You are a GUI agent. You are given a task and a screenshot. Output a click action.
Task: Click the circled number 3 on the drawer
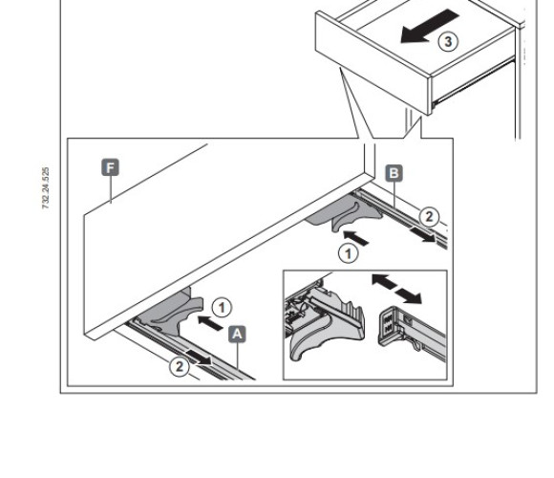point(448,42)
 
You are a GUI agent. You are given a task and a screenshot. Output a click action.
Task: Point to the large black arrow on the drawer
point(430,26)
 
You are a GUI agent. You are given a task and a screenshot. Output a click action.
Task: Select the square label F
point(110,167)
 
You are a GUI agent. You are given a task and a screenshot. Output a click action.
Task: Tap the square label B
point(394,173)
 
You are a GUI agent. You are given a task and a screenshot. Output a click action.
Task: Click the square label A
point(237,334)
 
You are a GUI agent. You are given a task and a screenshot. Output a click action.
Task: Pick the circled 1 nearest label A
point(222,307)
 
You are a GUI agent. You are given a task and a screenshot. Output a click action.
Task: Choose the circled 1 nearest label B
point(349,253)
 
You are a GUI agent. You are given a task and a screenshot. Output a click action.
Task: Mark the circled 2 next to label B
point(429,216)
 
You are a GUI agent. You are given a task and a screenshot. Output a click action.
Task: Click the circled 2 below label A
point(180,366)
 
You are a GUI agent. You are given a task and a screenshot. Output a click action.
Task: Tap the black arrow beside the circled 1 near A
point(210,323)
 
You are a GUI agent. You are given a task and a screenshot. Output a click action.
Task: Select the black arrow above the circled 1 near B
point(355,237)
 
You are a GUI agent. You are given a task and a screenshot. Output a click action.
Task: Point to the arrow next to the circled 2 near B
point(422,234)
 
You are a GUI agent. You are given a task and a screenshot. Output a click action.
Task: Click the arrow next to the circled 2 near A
point(200,358)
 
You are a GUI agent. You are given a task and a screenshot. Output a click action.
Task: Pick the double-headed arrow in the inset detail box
point(396,289)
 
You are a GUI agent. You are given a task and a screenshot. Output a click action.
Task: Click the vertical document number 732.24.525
point(46,188)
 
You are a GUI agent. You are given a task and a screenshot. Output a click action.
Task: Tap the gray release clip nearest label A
point(170,313)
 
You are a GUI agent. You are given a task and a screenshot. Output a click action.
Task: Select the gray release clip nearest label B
point(345,214)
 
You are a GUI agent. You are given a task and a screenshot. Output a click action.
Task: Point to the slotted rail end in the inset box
point(412,327)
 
